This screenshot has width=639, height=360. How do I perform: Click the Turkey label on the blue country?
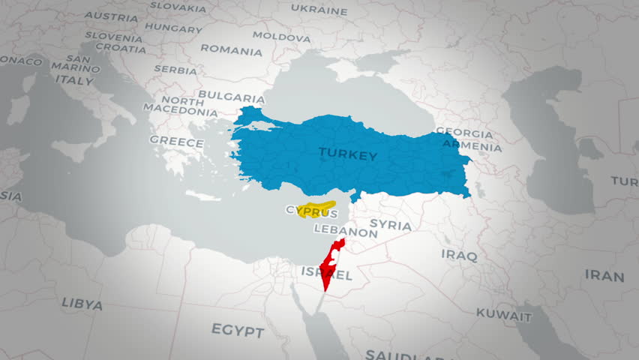(x=347, y=154)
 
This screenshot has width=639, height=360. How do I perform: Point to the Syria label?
(x=391, y=225)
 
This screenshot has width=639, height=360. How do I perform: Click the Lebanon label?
(x=346, y=232)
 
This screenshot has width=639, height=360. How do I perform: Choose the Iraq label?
(x=459, y=255)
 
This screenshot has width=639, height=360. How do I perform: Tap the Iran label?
(x=604, y=276)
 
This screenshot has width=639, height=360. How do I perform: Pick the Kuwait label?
(x=503, y=316)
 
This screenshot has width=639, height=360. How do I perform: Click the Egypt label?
(x=237, y=331)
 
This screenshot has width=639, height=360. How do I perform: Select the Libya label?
(x=82, y=303)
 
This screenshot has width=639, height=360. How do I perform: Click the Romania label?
(x=231, y=50)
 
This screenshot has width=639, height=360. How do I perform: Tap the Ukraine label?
(x=319, y=10)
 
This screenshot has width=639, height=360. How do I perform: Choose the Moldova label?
(x=281, y=35)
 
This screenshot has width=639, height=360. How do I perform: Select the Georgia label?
(x=464, y=133)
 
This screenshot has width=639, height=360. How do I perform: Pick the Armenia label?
(x=472, y=146)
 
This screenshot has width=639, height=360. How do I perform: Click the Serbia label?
(x=175, y=69)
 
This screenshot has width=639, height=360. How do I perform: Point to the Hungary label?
(x=173, y=28)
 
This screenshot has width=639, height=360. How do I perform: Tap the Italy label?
(x=75, y=79)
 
